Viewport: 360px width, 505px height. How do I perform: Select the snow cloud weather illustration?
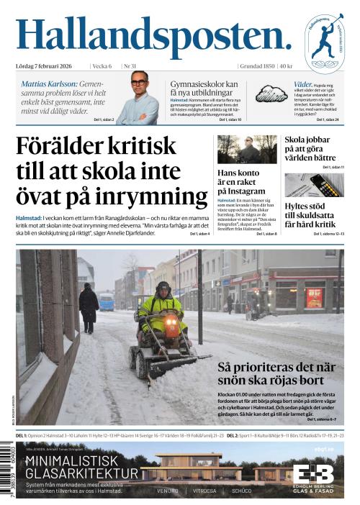[271, 94]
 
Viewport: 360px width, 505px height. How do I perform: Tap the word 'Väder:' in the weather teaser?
[303, 84]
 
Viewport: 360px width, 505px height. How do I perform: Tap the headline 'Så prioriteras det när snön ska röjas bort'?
[276, 375]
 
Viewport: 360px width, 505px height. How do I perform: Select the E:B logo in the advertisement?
[313, 475]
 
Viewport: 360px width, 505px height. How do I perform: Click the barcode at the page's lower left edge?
[9, 472]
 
